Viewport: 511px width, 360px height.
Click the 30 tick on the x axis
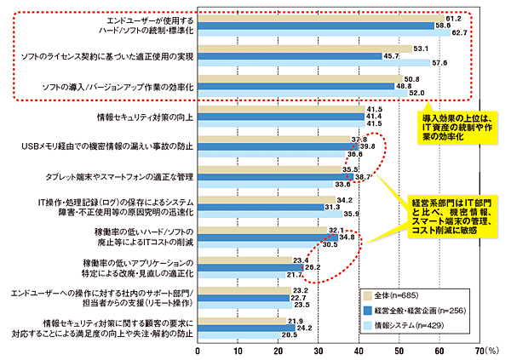pos(318,349)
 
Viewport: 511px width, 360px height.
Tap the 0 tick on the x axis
pos(198,349)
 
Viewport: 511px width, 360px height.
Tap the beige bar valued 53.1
pos(304,49)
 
